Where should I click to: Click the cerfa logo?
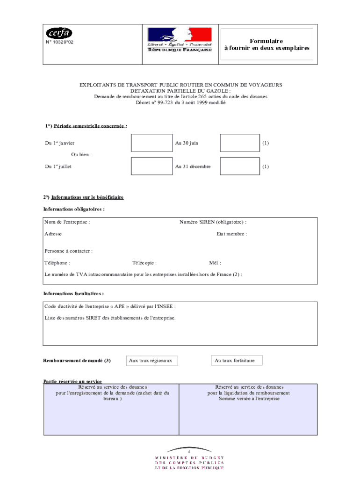click(59, 33)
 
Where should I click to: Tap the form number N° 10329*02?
click(59, 42)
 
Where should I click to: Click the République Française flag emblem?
click(180, 40)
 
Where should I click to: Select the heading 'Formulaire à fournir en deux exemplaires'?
click(266, 44)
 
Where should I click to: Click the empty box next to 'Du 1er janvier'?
click(151, 143)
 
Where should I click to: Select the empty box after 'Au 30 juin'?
click(239, 143)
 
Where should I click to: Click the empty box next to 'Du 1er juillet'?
click(151, 166)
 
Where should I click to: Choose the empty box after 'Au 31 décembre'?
click(239, 166)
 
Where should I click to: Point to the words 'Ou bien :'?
click(81, 154)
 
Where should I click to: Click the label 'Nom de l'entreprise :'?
click(67, 222)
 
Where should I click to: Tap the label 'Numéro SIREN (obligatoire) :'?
click(213, 222)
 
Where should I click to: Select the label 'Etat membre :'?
click(231, 234)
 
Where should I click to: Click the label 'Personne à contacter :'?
click(68, 251)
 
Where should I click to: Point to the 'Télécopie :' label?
click(144, 263)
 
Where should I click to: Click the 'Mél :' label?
click(215, 263)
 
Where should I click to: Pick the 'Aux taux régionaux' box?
click(151, 361)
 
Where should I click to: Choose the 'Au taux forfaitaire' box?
click(237, 361)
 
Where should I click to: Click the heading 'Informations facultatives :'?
click(73, 294)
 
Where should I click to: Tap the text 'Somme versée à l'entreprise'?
click(245, 399)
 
